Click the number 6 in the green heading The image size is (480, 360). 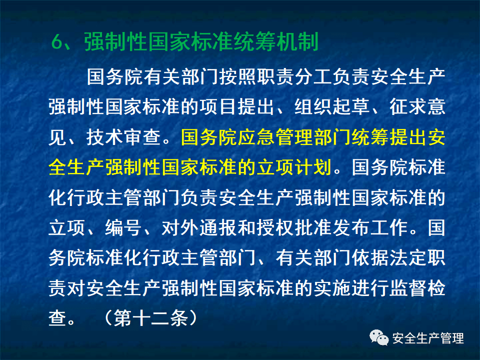pyautogui.click(x=56, y=42)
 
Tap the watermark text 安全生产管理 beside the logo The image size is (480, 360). pyautogui.click(x=428, y=338)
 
